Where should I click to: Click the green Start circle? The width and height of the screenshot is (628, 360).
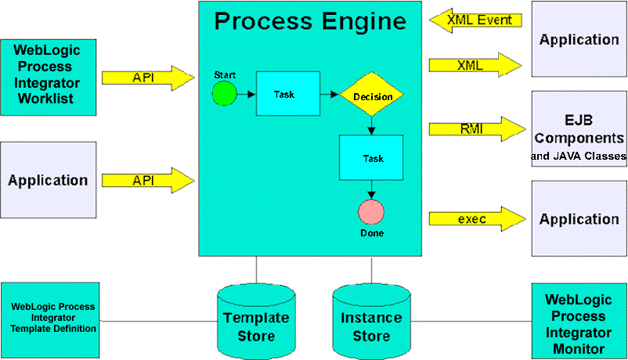224,94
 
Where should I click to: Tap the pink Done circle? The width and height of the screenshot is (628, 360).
371,212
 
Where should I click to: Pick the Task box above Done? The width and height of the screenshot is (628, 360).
371,157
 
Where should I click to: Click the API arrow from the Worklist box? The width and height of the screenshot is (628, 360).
147,77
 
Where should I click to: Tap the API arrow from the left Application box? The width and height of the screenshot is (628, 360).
147,180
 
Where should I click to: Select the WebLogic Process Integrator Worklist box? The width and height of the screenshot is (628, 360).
49,77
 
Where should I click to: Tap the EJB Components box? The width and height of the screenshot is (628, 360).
579,129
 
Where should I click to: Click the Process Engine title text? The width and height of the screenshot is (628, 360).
310,21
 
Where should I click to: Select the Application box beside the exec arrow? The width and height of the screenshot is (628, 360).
579,219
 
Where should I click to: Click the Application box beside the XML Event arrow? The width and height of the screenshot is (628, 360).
579,39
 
